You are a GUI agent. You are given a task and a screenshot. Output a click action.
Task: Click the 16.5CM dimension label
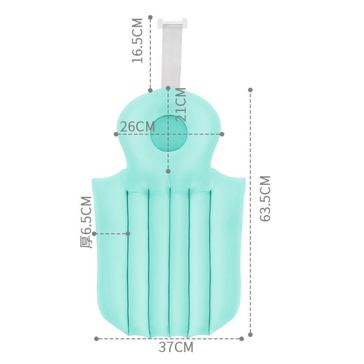tap(138, 41)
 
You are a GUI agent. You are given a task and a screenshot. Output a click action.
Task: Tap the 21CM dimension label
tap(181, 104)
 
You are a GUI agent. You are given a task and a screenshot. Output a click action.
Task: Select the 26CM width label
tap(138, 127)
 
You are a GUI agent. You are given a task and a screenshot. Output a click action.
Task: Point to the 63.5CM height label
tap(265, 198)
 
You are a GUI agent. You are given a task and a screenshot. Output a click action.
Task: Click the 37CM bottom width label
tap(176, 347)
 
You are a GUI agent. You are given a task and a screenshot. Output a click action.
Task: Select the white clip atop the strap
tap(172, 23)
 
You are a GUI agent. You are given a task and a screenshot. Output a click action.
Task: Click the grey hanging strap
tap(171, 56)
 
